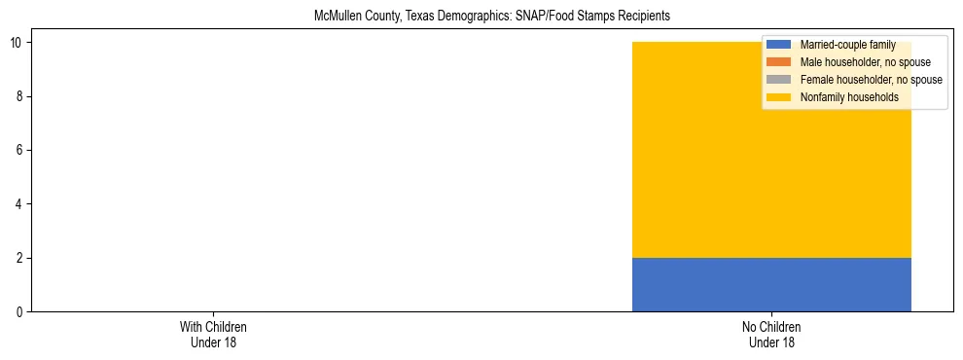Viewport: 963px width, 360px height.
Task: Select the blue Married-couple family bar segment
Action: [771, 284]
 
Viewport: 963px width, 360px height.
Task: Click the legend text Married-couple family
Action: [847, 45]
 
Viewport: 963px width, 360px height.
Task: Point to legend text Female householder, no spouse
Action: [871, 80]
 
